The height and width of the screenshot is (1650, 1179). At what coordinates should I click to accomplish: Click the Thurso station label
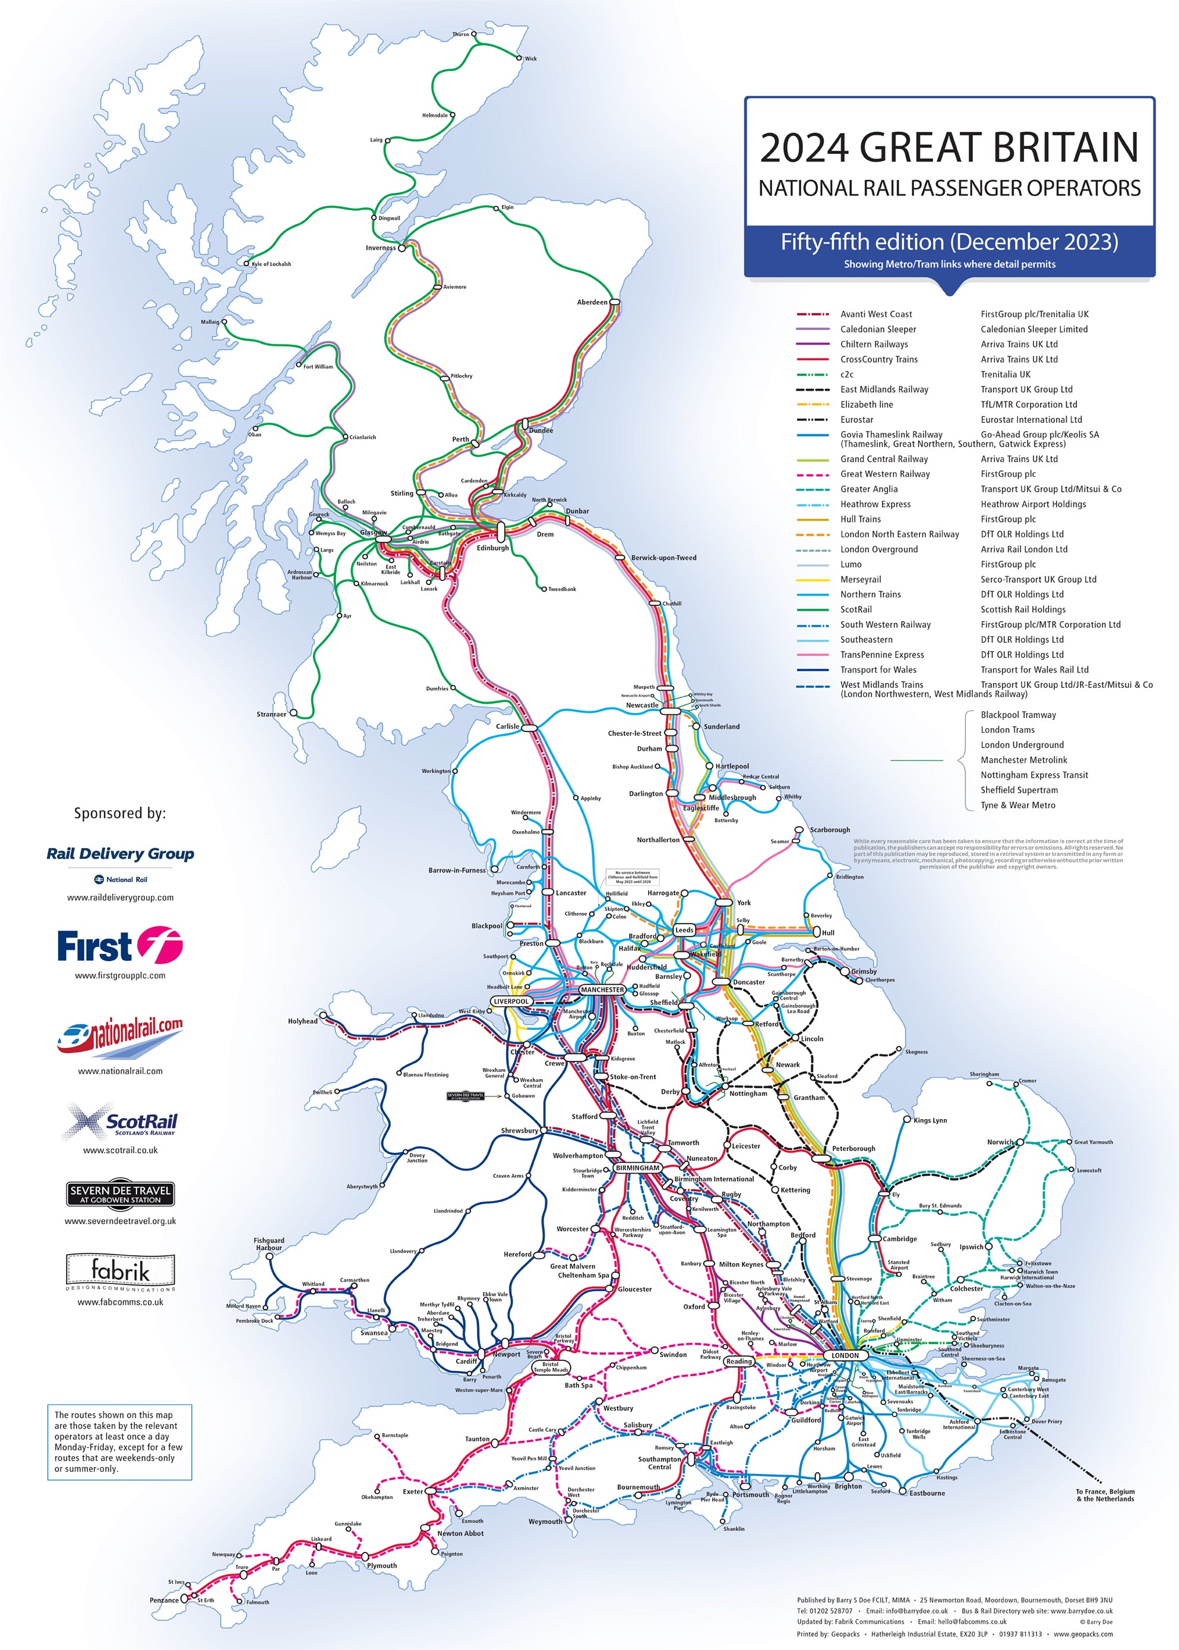(x=460, y=34)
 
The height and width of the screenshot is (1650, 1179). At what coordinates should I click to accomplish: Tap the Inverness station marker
(x=402, y=248)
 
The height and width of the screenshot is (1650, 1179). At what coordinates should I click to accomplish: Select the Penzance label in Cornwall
(x=164, y=1600)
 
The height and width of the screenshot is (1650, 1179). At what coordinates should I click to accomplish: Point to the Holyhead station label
(x=303, y=1022)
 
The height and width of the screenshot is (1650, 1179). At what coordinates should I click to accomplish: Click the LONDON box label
(x=845, y=1355)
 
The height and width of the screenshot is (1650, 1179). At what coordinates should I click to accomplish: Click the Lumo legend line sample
(x=813, y=565)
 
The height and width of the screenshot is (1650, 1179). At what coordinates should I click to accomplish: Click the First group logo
(x=121, y=946)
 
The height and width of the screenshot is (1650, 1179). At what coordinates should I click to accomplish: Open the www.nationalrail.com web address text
(x=121, y=1071)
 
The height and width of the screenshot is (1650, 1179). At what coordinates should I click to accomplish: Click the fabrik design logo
(x=121, y=1272)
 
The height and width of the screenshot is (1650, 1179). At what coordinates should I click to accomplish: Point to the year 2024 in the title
(x=804, y=147)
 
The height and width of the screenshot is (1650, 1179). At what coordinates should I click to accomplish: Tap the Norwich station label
(x=1000, y=1142)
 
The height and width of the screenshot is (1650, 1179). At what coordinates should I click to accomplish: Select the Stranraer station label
(x=271, y=715)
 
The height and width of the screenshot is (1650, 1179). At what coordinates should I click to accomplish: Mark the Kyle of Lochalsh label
(x=271, y=264)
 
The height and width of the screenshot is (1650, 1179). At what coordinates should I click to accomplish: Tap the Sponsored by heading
(x=120, y=813)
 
